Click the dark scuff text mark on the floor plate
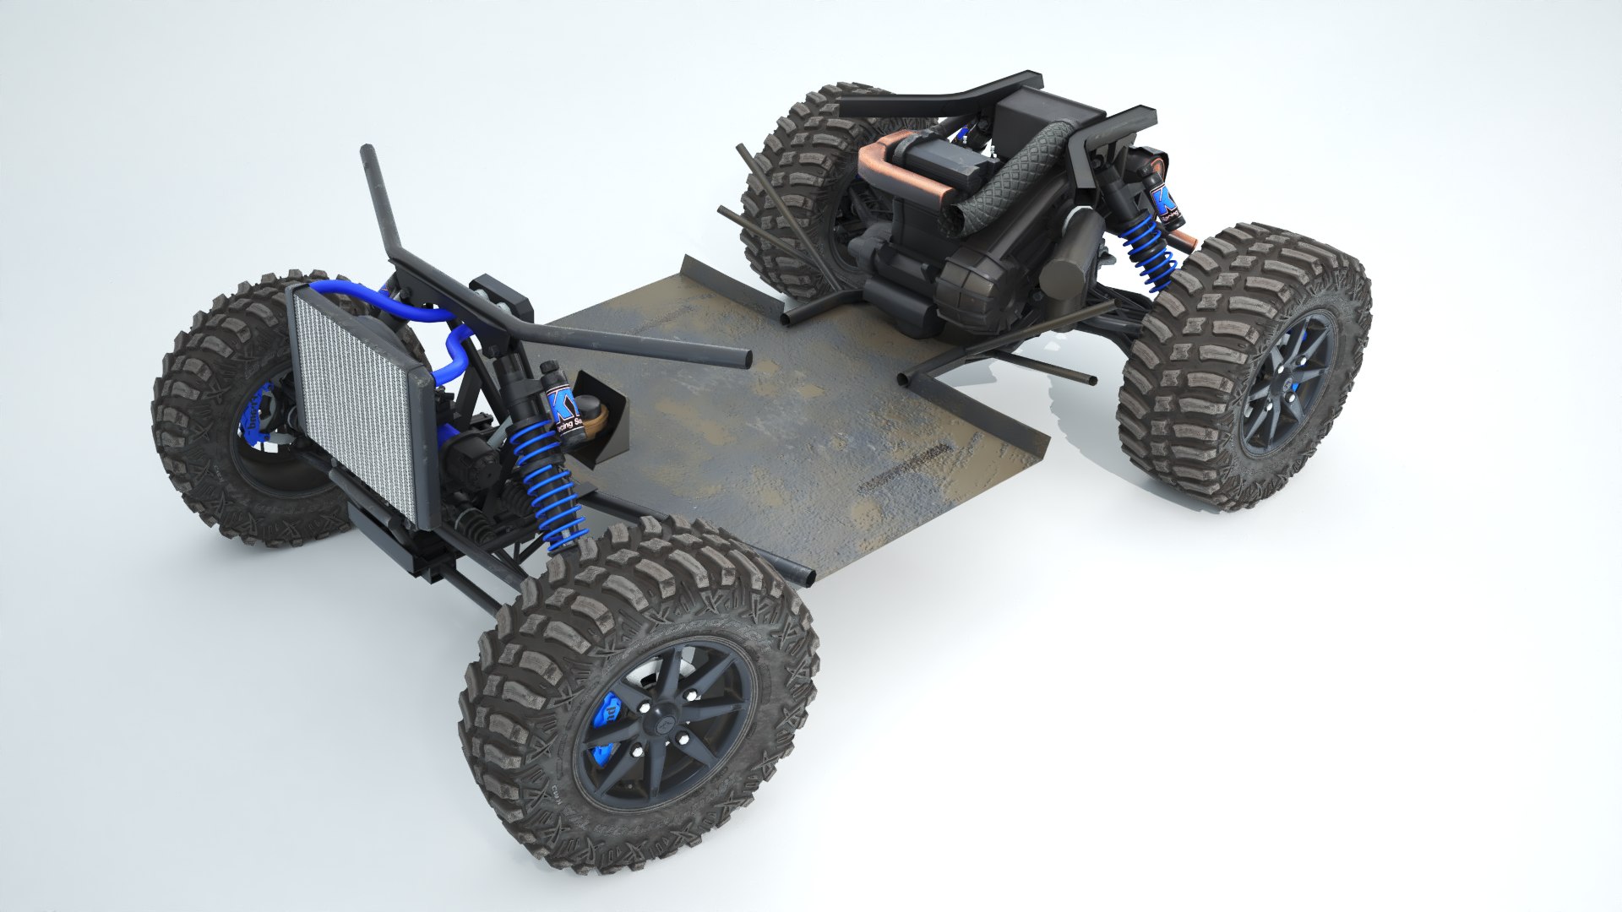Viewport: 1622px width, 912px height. tap(901, 472)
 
